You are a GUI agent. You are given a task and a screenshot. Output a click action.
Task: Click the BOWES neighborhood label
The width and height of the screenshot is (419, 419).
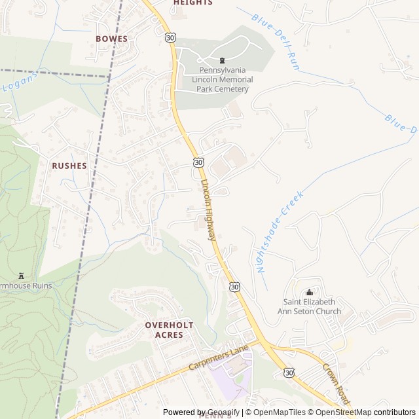(111, 39)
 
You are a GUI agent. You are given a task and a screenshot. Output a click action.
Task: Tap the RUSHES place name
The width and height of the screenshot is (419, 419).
(69, 166)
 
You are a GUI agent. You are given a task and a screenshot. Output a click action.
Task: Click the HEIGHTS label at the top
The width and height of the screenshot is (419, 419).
(193, 3)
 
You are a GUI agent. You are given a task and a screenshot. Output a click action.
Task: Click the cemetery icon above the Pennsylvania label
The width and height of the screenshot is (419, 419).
(222, 60)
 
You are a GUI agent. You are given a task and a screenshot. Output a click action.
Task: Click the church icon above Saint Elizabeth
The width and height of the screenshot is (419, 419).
(309, 292)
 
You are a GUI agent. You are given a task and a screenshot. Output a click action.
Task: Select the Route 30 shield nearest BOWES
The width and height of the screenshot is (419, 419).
(170, 39)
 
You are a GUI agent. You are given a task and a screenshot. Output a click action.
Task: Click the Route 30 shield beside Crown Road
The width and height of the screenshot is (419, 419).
(289, 372)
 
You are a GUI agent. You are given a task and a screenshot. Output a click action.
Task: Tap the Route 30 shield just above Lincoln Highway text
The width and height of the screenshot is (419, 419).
(198, 162)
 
